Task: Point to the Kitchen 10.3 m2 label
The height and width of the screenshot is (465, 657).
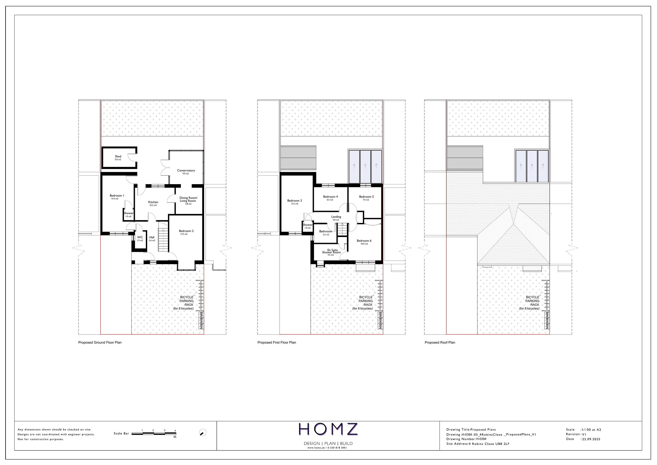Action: point(153,203)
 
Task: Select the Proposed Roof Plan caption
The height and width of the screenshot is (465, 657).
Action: point(440,342)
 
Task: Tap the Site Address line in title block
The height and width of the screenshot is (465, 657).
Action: point(478,444)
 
